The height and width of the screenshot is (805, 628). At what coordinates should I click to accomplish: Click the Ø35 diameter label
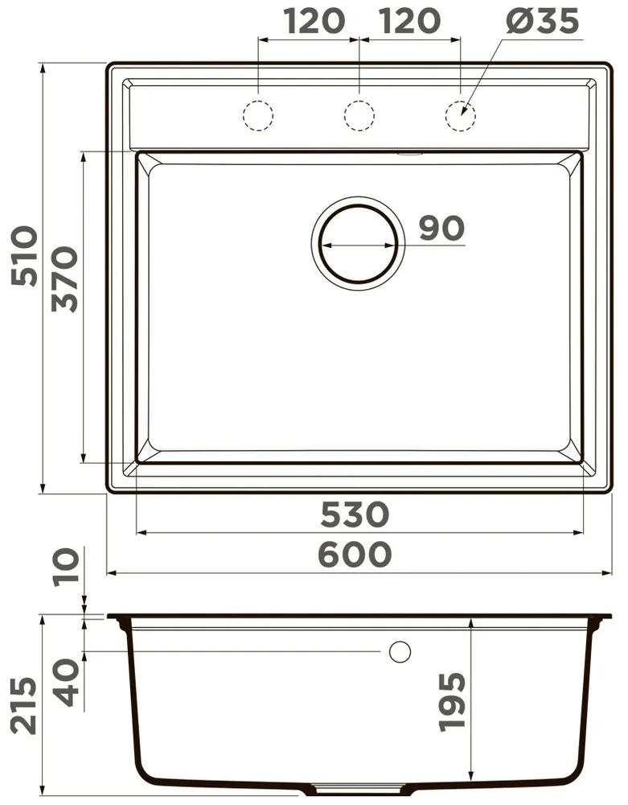(542, 22)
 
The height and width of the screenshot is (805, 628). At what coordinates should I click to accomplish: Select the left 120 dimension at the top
(314, 22)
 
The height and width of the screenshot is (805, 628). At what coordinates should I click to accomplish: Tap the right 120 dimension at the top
(409, 22)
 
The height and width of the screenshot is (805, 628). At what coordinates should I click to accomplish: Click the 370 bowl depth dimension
(64, 280)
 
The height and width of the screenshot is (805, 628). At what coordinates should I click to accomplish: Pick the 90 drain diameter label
(442, 229)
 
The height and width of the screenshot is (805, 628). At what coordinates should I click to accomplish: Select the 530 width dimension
(355, 514)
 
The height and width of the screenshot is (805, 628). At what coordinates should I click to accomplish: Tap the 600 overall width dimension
(355, 555)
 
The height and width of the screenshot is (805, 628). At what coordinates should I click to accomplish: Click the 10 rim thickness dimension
(68, 565)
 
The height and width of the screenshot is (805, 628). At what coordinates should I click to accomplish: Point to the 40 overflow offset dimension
(68, 683)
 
